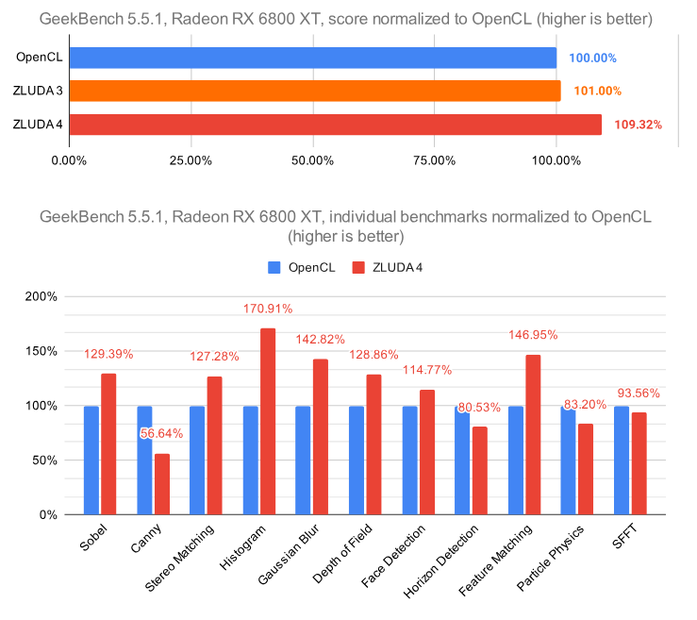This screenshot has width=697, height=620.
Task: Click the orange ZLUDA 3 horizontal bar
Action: coord(314,91)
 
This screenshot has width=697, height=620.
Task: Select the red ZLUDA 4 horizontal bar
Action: coord(335,125)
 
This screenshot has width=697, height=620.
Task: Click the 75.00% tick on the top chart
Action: coord(434,159)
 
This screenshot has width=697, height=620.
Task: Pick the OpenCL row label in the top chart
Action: coord(40,58)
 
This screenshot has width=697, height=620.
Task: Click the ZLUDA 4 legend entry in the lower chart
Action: coord(386,267)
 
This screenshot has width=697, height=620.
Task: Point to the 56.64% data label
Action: coord(161,434)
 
